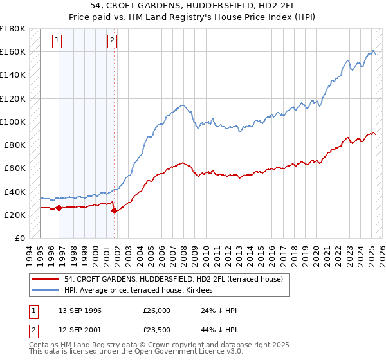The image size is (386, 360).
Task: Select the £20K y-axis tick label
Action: click(15, 215)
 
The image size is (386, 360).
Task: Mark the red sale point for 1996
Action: click(59, 208)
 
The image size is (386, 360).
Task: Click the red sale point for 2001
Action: click(114, 210)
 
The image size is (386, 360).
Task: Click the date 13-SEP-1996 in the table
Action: click(80, 310)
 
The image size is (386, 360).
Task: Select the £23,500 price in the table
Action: click(157, 330)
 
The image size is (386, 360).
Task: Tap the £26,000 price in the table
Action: click(157, 310)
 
